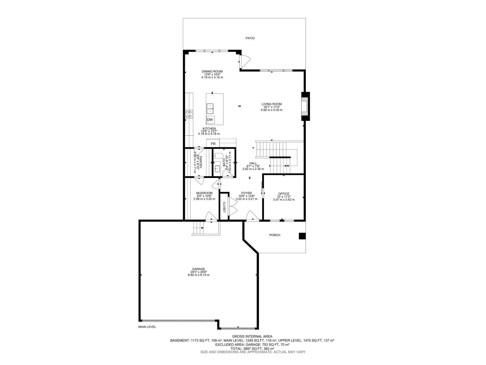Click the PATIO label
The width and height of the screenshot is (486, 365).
coord(250,38)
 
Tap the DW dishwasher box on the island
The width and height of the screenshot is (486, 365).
coord(210,120)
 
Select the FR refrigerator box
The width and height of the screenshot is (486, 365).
coord(213,144)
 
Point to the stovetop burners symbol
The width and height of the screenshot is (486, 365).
coord(189,114)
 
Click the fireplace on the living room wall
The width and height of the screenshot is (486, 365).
coord(305,106)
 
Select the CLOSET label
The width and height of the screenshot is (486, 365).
coord(224,207)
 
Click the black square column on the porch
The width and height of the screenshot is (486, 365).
coord(302,236)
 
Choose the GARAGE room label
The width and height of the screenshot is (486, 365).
coord(198,269)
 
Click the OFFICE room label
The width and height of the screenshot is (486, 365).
coord(284,194)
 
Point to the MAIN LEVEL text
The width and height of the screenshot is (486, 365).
coord(147,327)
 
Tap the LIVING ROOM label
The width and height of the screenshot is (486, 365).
coord(272,104)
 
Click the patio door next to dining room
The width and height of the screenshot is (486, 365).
coord(244,61)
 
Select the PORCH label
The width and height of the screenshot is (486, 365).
coord(275,235)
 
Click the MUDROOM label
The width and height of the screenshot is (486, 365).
coord(204,193)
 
